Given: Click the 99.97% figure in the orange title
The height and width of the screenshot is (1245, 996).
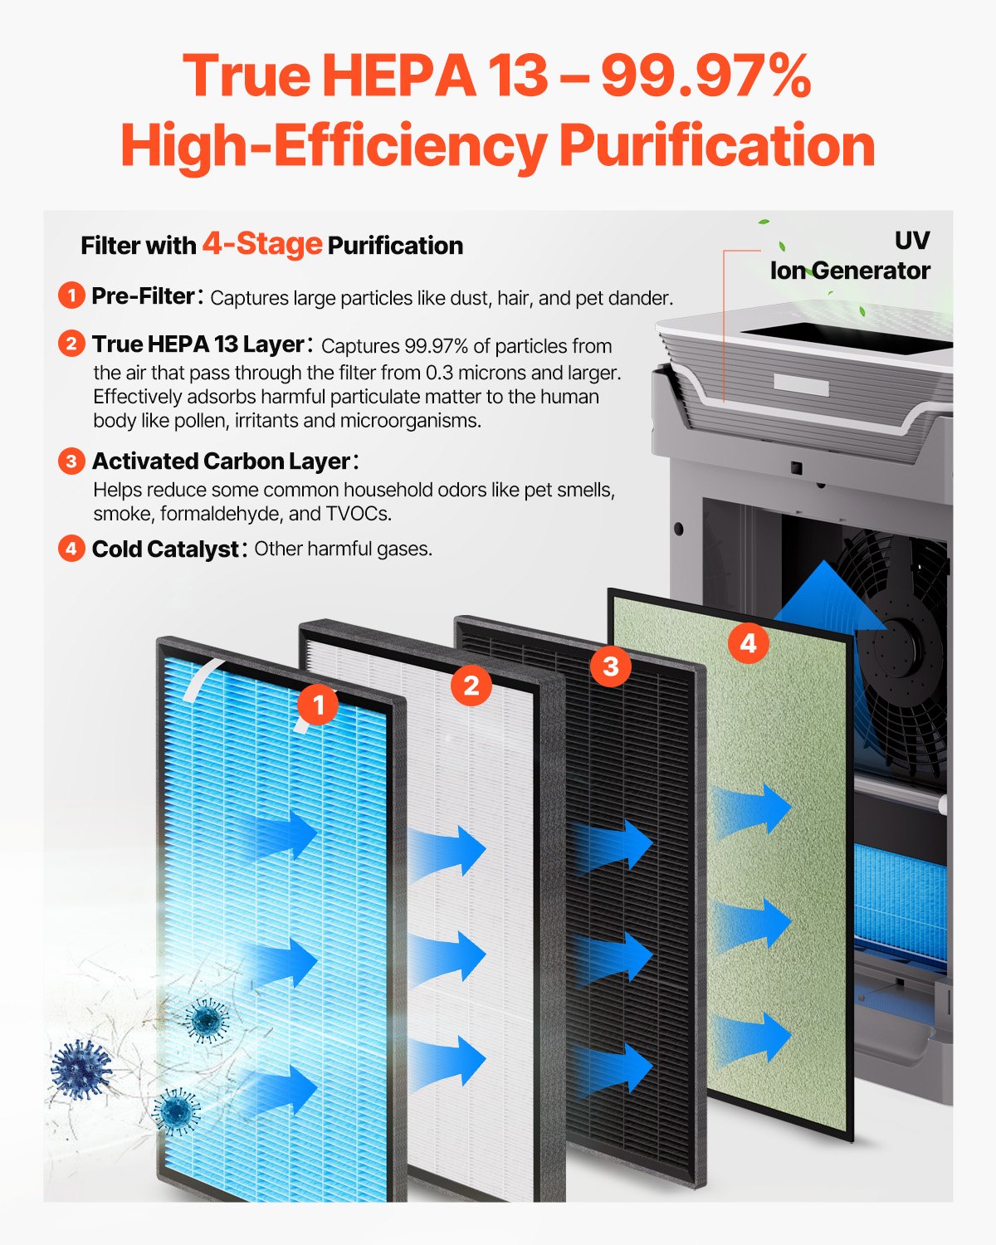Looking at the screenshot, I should click(x=705, y=76).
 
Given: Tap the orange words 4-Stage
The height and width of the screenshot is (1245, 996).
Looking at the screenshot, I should click(x=261, y=244).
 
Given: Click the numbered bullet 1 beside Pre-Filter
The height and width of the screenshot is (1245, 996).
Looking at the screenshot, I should click(x=71, y=295).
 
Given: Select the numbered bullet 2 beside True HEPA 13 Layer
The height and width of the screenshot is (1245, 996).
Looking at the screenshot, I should click(x=71, y=344).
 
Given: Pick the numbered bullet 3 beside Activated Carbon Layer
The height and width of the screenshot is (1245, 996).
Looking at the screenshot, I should click(x=71, y=461).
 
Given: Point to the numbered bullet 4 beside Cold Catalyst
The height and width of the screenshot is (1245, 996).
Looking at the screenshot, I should click(x=71, y=549).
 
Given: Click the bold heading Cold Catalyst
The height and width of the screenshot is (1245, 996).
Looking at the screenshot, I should click(x=165, y=549).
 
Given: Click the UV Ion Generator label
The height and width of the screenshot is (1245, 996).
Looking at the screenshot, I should click(x=850, y=256).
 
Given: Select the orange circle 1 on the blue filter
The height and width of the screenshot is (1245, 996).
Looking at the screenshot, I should click(x=317, y=705).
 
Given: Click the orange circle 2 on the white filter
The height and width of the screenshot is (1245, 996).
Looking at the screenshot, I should click(x=471, y=686).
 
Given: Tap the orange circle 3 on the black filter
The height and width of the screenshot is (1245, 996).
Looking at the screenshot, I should click(x=610, y=666).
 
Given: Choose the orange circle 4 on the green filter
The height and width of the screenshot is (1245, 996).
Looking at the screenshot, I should click(x=748, y=642).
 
